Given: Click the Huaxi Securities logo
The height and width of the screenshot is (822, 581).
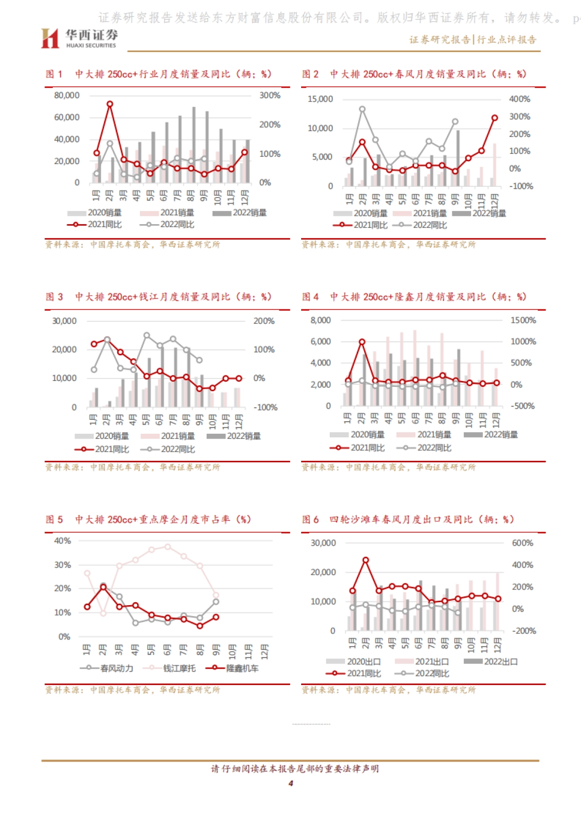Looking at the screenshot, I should (79, 38).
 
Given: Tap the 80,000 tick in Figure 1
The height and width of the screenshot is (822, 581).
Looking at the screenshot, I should (67, 95).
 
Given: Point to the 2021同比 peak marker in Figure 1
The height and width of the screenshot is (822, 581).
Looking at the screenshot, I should (110, 104).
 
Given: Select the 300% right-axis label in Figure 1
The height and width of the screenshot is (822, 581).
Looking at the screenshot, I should (270, 95).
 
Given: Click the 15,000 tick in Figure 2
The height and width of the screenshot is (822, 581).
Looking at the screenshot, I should (321, 99).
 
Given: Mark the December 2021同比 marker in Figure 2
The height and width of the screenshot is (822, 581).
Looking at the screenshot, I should (494, 118).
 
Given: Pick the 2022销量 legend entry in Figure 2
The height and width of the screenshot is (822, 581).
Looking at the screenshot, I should (479, 213).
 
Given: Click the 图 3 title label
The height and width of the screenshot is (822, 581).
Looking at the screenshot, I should (54, 297).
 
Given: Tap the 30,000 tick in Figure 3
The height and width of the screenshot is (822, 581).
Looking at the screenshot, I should (64, 321).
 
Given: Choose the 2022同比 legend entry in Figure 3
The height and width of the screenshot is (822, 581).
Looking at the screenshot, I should (168, 449).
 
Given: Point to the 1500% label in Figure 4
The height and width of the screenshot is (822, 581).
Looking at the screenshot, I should (523, 320).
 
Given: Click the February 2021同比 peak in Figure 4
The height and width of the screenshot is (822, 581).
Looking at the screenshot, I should (362, 342).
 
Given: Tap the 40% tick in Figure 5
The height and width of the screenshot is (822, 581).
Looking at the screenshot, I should (62, 541).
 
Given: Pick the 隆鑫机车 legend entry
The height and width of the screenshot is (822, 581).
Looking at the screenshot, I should (233, 668).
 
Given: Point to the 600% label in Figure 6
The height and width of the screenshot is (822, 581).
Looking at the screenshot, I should (522, 543).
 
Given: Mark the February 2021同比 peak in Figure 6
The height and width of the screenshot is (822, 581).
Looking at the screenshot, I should (366, 560).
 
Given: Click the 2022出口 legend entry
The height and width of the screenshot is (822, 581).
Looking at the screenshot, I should (491, 661).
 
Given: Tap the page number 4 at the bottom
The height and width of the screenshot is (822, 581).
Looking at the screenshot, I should (290, 783).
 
